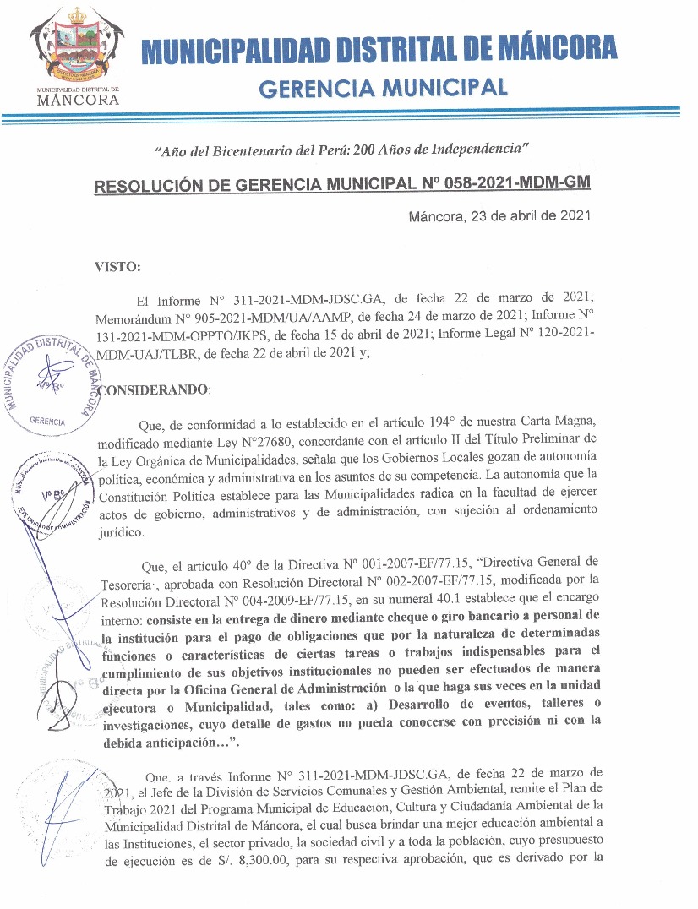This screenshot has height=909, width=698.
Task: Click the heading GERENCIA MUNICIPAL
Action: point(383,88)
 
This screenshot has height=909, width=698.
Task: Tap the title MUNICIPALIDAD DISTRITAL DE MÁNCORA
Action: point(379,49)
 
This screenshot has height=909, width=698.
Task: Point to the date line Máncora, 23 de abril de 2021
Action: point(499,215)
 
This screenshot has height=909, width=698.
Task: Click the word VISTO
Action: point(119,267)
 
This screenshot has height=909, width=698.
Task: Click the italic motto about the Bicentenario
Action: point(341,150)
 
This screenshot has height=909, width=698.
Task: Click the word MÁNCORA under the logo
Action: point(79,100)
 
